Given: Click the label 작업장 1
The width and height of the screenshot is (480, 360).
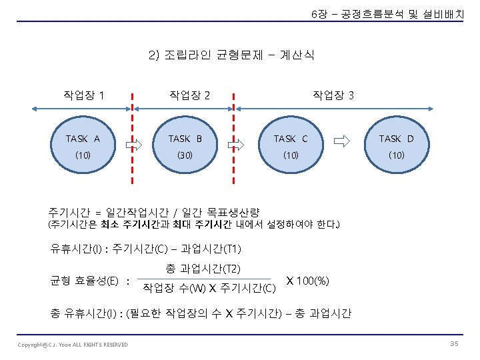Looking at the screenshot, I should click(x=83, y=95).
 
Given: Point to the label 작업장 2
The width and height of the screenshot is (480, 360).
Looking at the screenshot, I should click(x=190, y=95).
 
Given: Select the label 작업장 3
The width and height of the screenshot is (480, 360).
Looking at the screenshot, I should click(x=333, y=95).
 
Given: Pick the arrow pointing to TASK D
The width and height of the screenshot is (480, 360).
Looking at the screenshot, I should click(x=341, y=141).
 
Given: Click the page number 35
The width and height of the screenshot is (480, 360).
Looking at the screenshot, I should click(x=454, y=343).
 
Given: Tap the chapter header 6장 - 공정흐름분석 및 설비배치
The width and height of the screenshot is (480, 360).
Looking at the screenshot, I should click(x=387, y=14).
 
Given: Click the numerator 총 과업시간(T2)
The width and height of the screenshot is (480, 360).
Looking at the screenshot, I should click(x=203, y=269).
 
